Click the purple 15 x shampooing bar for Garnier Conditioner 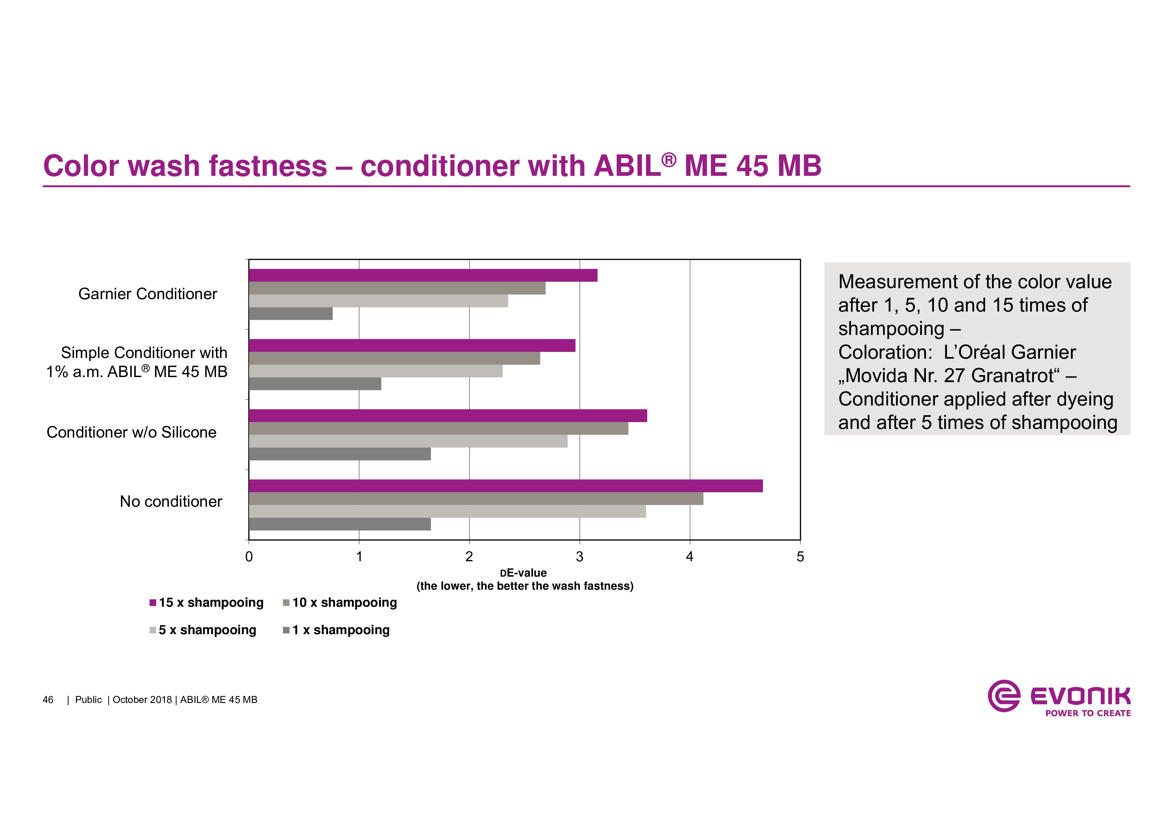423,275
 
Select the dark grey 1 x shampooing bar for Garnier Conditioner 291,314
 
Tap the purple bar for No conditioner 506,486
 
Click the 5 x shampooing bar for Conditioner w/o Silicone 408,441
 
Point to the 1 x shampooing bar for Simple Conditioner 315,384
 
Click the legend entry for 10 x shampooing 340,603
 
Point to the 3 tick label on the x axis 579,557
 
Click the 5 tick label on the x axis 800,557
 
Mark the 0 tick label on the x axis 249,557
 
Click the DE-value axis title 524,573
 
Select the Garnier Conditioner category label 148,294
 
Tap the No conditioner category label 171,502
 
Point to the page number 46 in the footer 48,700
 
